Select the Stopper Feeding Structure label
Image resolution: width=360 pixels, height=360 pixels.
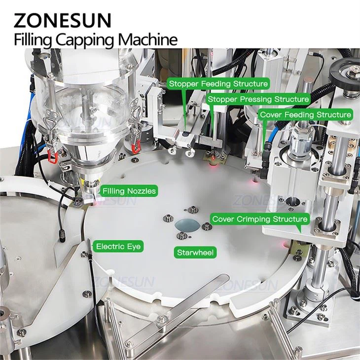(218, 84)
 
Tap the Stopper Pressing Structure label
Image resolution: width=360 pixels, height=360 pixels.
(258, 99)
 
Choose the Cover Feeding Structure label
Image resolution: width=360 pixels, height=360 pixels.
(313, 114)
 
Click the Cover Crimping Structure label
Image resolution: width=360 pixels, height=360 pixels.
(259, 218)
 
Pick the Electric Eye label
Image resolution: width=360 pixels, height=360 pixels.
(118, 246)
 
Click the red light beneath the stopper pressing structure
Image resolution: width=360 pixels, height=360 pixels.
(213, 160)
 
